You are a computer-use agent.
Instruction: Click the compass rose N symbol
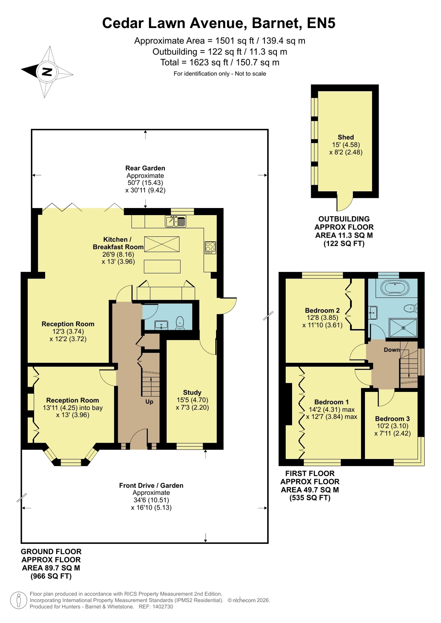[47, 72]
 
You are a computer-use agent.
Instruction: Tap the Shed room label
[345, 137]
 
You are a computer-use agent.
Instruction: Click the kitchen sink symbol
[175, 221]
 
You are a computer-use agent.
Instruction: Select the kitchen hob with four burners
[210, 247]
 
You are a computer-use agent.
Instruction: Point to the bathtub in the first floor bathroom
[395, 287]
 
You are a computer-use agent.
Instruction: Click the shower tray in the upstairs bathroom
[403, 328]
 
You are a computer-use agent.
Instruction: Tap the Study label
[192, 392]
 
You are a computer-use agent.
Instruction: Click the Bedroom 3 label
[392, 418]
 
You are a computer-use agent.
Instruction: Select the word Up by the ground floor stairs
[149, 402]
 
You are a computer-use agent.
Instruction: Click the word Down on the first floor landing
[392, 349]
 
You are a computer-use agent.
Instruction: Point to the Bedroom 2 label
[322, 311]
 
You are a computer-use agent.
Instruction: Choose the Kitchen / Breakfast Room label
[118, 243]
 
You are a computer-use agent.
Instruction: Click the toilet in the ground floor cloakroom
[181, 323]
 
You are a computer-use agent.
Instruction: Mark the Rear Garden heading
[145, 168]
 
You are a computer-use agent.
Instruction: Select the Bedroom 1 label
[331, 402]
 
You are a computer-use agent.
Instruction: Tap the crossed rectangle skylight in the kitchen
[162, 244]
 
